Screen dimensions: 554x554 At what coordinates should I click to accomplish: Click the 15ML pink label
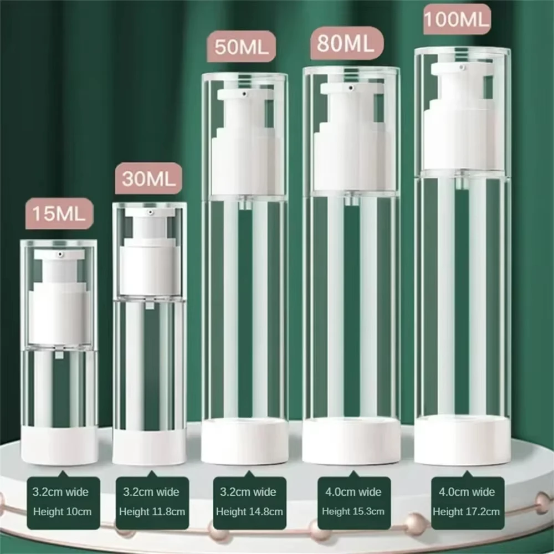(x=59, y=213)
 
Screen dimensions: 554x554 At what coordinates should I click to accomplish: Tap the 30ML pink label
(x=148, y=178)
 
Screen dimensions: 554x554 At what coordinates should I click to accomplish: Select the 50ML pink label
(x=242, y=47)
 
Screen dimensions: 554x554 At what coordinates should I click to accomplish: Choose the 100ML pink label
(x=457, y=19)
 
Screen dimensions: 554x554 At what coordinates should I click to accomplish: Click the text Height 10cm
(x=63, y=511)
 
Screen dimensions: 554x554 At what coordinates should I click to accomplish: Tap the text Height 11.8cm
(x=152, y=511)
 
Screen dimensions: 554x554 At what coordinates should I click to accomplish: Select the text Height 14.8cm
(x=249, y=511)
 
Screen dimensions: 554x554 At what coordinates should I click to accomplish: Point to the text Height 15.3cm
(x=353, y=511)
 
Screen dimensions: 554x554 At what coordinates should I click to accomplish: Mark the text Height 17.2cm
(x=466, y=511)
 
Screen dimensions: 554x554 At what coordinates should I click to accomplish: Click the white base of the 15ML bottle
(x=59, y=445)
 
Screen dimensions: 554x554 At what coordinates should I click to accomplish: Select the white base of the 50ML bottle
(x=245, y=441)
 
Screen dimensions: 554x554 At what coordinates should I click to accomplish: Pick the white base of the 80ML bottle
(x=351, y=441)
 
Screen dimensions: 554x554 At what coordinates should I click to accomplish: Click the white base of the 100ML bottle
(x=463, y=440)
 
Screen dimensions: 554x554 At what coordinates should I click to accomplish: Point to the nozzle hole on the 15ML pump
(x=60, y=254)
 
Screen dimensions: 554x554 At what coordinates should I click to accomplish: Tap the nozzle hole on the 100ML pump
(x=462, y=67)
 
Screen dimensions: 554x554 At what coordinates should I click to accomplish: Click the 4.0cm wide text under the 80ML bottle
(x=353, y=492)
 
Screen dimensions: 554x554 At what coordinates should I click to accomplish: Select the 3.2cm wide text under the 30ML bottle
(x=151, y=492)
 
